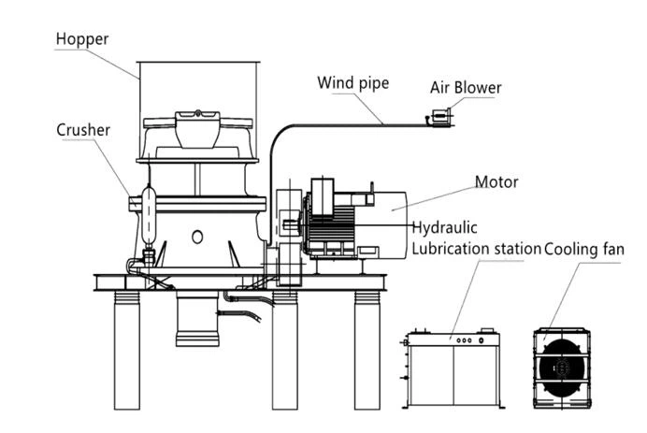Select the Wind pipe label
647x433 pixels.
pyautogui.click(x=352, y=83)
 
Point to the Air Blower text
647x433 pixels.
pyautogui.click(x=465, y=88)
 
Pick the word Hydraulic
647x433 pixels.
pyautogui.click(x=445, y=227)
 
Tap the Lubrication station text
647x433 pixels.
pyautogui.click(x=476, y=249)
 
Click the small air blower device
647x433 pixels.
pyautogui.click(x=439, y=117)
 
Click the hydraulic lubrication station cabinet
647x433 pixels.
pyautogui.click(x=453, y=369)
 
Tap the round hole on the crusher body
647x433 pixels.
pyautogui.click(x=196, y=238)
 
